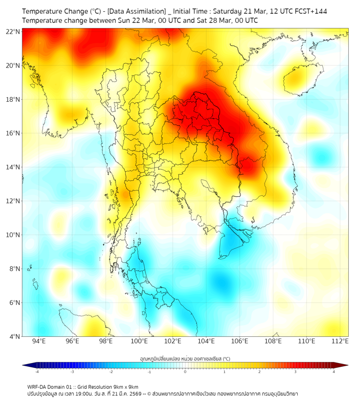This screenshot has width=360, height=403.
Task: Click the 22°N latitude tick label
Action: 13,31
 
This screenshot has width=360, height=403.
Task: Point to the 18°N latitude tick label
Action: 13,99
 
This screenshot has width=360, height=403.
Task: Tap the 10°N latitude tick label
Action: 13,235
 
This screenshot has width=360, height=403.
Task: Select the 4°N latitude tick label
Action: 14,336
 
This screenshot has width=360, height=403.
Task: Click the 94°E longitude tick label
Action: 39,341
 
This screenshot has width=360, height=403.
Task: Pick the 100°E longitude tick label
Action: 139,341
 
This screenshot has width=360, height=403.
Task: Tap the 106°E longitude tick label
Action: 240,341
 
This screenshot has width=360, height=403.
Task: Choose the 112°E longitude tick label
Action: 340,341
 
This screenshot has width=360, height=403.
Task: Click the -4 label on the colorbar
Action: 36,372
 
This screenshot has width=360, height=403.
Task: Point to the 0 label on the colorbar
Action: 185,372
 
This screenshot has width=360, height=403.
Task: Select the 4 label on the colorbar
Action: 334,372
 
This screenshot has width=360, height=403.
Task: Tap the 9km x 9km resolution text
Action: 126,386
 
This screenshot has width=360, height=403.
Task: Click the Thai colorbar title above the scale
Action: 185,358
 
